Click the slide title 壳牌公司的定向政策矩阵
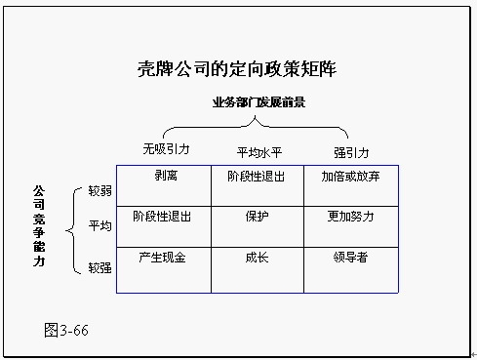coord(238,69)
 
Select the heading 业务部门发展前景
coord(258,101)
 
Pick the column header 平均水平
coord(258,153)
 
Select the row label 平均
coord(99,226)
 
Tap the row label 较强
coord(99,266)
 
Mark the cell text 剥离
coord(165,177)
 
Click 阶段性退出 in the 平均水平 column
coord(257,177)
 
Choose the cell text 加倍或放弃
coord(351,177)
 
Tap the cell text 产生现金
coord(163,258)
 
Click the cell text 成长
coord(257,258)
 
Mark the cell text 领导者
coord(351,258)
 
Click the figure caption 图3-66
coord(66,329)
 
